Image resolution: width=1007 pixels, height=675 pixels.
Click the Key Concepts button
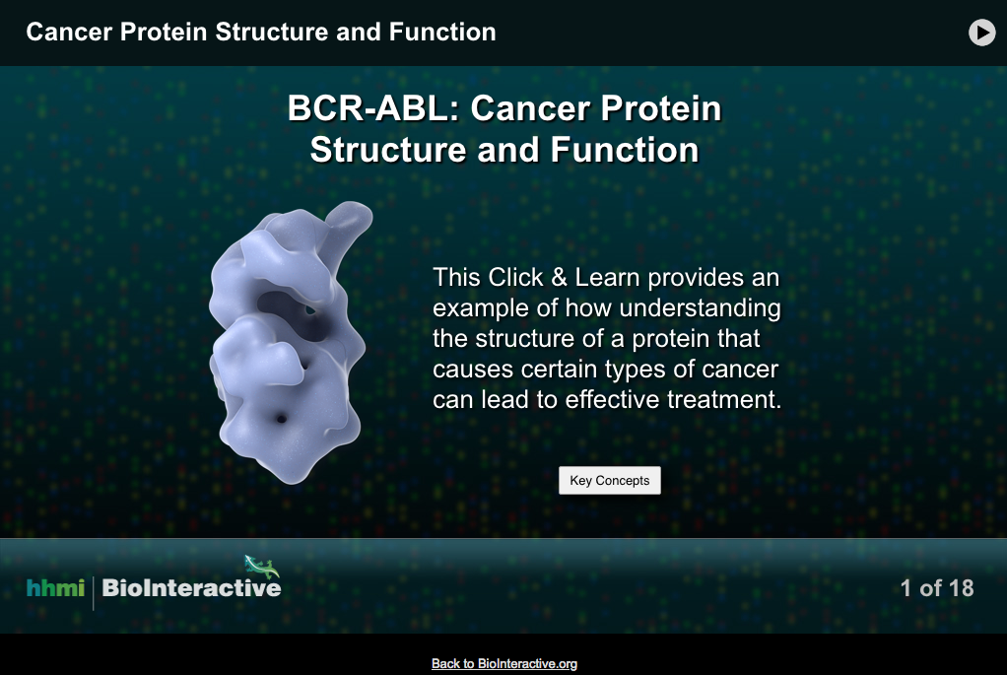click(x=610, y=481)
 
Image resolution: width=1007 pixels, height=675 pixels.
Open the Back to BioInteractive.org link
click(x=503, y=664)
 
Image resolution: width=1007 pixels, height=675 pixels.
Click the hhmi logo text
click(x=55, y=588)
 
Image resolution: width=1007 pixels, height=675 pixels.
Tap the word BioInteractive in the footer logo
click(x=191, y=588)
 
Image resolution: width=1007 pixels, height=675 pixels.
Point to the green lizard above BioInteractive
click(x=262, y=566)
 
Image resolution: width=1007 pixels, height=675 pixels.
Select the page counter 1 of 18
click(x=936, y=588)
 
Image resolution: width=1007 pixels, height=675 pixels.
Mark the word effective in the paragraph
click(x=614, y=401)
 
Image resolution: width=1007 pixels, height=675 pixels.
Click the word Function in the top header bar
click(x=442, y=33)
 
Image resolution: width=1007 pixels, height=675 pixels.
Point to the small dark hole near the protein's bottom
click(x=282, y=419)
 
